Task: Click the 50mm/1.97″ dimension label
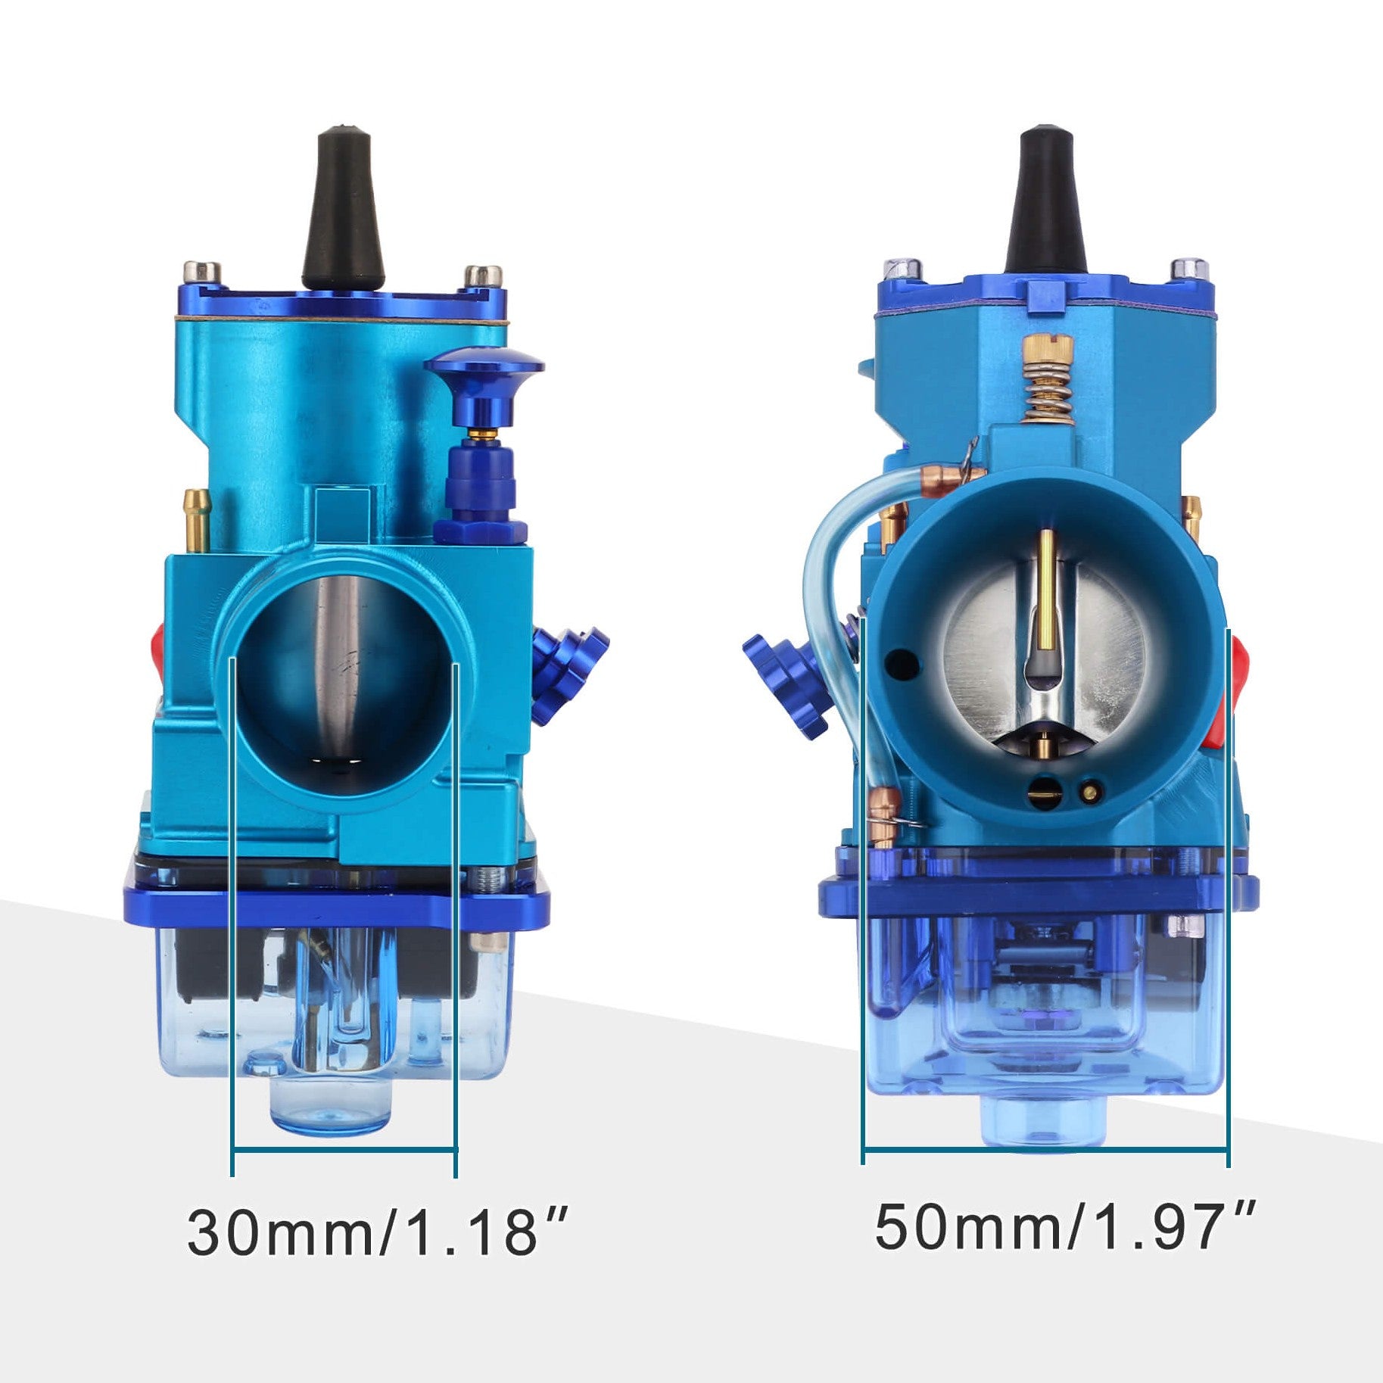pyautogui.click(x=1064, y=1226)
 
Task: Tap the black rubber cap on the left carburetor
pyautogui.click(x=344, y=208)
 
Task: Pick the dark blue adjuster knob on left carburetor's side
pyautogui.click(x=568, y=674)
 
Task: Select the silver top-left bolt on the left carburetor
pyautogui.click(x=201, y=272)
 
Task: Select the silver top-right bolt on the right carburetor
pyautogui.click(x=1188, y=268)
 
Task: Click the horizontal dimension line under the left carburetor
pyautogui.click(x=344, y=1151)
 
